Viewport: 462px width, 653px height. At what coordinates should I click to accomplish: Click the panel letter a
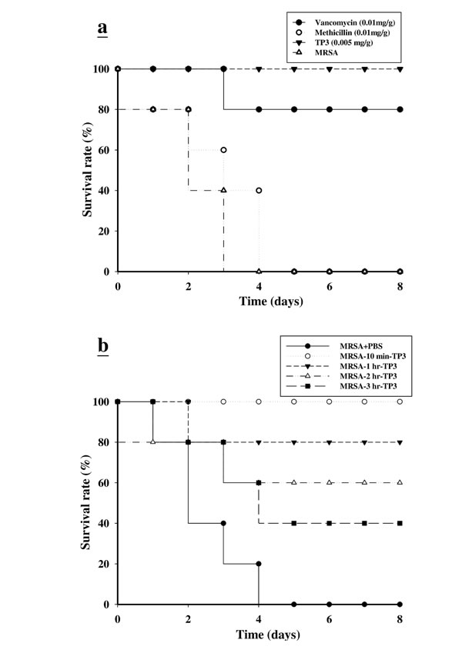tap(102, 29)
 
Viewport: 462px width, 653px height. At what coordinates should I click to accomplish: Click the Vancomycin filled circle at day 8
tap(400, 109)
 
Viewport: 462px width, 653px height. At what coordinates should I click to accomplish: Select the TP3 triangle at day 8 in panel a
tap(400, 68)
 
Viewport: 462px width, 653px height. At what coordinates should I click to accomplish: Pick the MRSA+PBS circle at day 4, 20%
tap(259, 564)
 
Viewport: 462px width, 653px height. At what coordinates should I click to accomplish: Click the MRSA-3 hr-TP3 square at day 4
tap(259, 482)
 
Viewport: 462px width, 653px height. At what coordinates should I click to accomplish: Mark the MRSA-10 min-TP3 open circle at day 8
tap(400, 401)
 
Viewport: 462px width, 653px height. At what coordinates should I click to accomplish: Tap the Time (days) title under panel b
tap(259, 635)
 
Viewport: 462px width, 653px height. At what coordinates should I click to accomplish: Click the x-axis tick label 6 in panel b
tap(330, 619)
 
